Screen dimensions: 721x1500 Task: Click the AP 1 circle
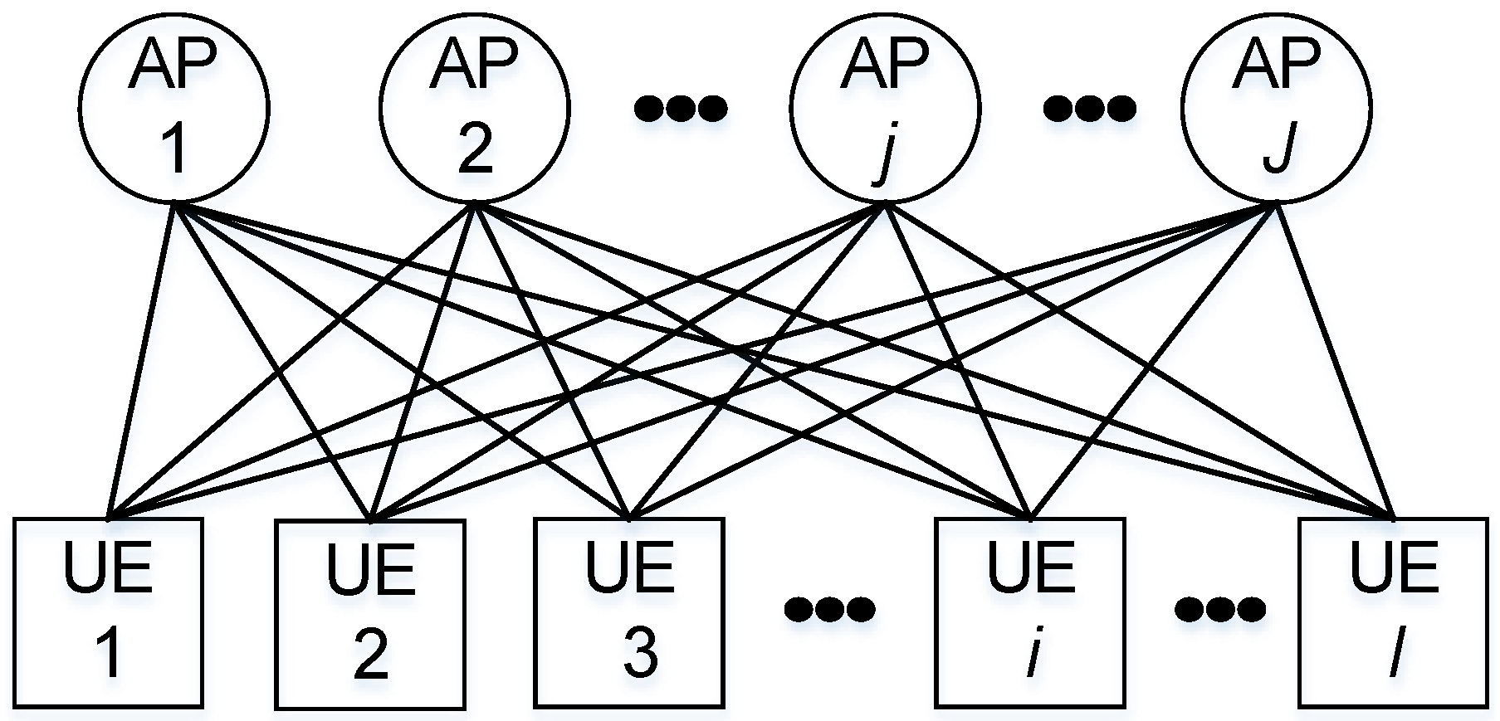click(x=174, y=109)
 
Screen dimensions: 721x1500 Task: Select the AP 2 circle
click(x=474, y=109)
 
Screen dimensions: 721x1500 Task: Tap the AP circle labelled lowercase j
click(x=885, y=109)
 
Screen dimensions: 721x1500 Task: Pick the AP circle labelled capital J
click(x=1277, y=109)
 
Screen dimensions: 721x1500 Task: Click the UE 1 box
click(x=108, y=612)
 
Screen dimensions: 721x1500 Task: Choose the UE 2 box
click(x=370, y=614)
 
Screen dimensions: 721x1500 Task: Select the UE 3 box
click(x=629, y=612)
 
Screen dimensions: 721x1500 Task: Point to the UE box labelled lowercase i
click(x=1030, y=612)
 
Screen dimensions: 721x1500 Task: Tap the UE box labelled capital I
click(x=1393, y=612)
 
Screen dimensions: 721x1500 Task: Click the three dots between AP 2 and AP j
click(x=680, y=108)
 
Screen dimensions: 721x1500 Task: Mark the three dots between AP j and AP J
click(x=1088, y=108)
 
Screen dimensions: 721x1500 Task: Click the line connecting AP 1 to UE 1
click(x=141, y=361)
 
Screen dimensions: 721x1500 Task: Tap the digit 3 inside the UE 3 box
click(x=640, y=653)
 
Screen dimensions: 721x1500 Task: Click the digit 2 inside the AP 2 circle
click(x=474, y=149)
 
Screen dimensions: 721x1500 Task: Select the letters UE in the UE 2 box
click(x=370, y=568)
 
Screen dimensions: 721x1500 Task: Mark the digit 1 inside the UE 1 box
click(x=108, y=653)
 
